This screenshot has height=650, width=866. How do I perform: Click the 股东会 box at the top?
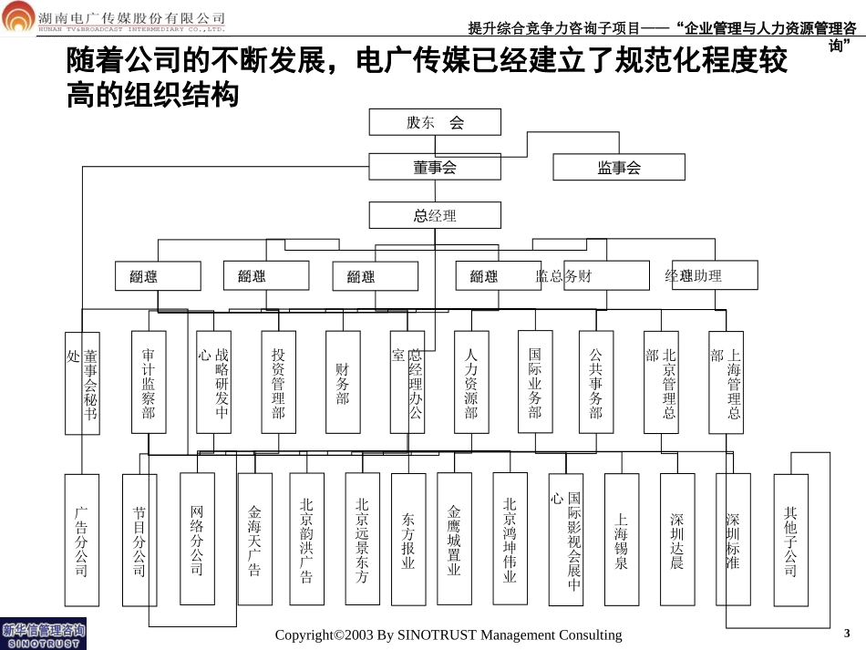click(435, 122)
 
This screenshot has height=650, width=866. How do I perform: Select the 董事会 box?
click(435, 167)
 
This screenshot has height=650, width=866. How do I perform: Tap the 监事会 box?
click(619, 168)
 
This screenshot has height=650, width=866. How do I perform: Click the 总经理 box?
click(435, 215)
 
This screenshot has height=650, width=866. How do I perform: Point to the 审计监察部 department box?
click(149, 382)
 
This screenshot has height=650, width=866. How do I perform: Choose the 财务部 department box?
click(343, 382)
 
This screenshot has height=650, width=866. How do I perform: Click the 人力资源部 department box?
click(471, 382)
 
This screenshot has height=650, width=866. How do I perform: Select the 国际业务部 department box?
click(535, 382)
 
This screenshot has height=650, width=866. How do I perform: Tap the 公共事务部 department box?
click(596, 382)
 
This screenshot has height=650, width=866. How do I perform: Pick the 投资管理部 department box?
click(278, 382)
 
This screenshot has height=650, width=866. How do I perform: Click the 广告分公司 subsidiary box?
click(81, 539)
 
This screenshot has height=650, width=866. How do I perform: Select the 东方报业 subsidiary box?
click(408, 539)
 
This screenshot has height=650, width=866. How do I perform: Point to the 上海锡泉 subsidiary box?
click(622, 539)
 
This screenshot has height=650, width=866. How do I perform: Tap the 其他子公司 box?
click(790, 539)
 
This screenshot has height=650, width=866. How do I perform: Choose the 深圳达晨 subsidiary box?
click(677, 539)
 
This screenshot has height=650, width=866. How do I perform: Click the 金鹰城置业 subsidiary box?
click(454, 539)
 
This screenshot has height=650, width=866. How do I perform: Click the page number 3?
click(847, 633)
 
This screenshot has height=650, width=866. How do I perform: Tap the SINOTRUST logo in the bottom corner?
click(43, 635)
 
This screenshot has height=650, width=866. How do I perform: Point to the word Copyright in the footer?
click(303, 635)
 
